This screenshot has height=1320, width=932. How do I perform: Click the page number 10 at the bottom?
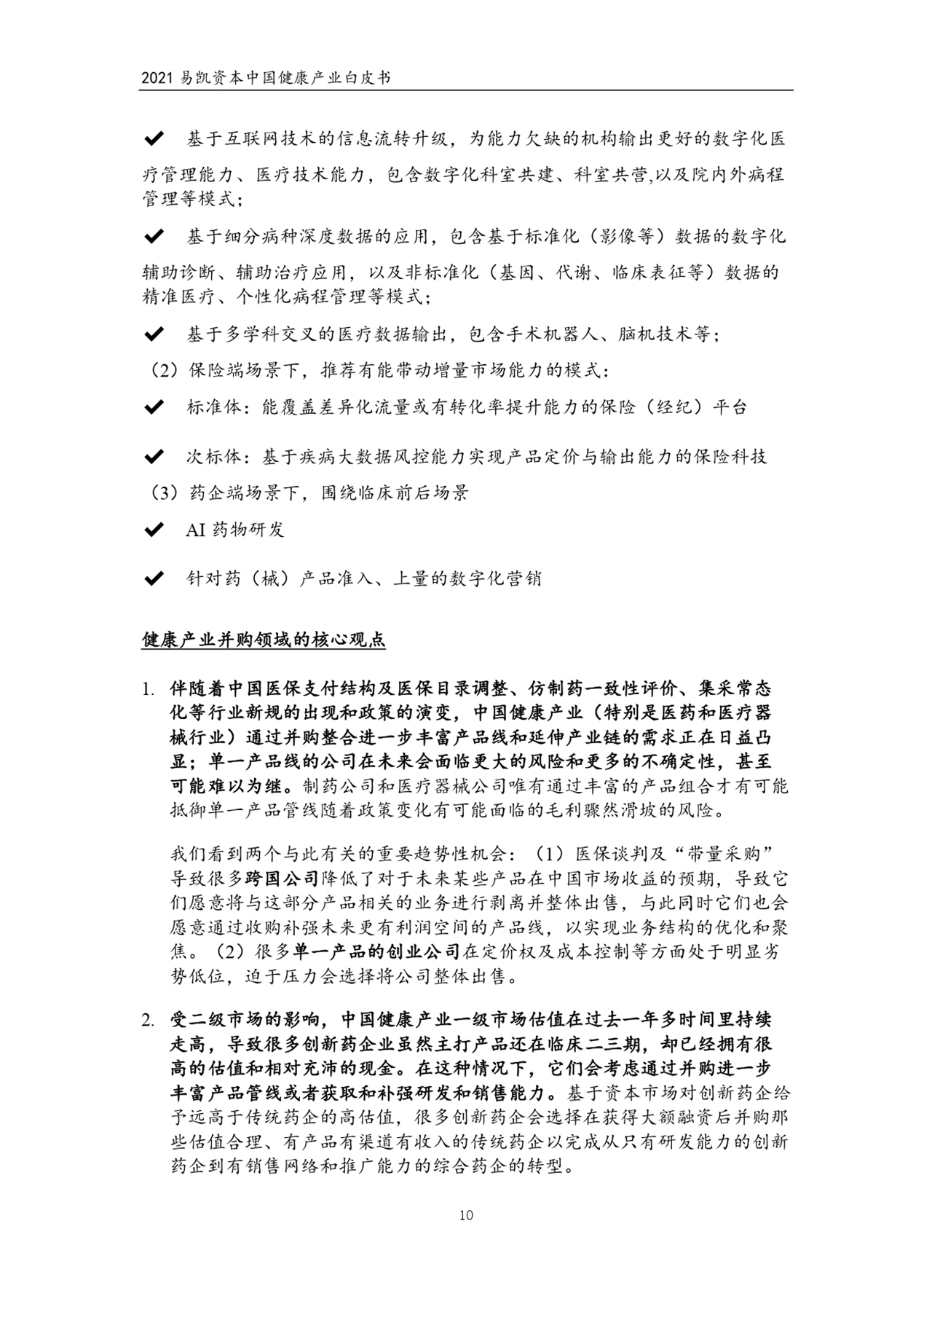click(466, 1215)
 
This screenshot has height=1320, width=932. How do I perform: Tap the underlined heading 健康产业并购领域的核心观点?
click(264, 640)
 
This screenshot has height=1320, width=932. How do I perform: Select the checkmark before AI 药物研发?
click(154, 530)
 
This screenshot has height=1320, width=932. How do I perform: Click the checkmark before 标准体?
click(154, 407)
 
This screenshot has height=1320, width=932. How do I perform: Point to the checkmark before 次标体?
click(154, 457)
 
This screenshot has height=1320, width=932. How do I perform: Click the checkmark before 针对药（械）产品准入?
click(154, 579)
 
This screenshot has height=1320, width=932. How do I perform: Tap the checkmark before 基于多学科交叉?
click(154, 334)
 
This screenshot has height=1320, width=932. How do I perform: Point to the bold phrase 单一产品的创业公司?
click(377, 951)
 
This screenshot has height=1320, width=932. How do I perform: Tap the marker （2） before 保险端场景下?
click(164, 371)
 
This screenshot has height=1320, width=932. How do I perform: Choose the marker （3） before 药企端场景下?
click(164, 493)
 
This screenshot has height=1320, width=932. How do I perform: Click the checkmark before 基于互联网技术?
click(154, 138)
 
